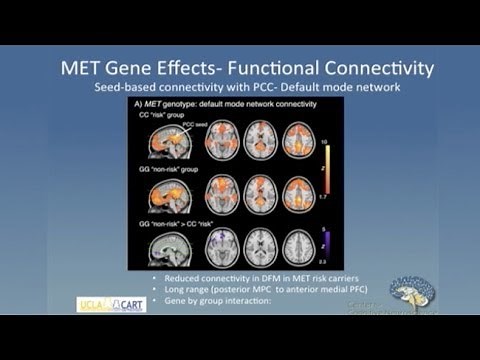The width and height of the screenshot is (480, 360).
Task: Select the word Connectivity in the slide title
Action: click(x=369, y=69)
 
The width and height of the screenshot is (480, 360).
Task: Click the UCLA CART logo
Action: click(x=111, y=304)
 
